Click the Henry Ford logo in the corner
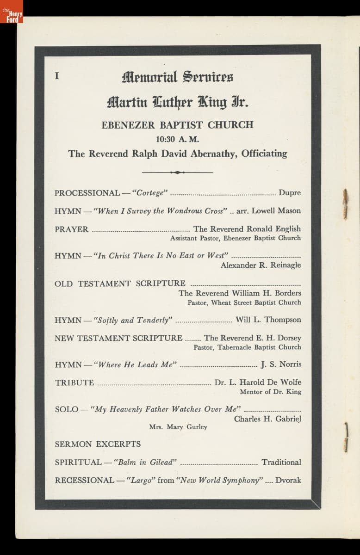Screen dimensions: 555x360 click(x=11, y=12)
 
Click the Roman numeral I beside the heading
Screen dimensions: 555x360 click(x=57, y=76)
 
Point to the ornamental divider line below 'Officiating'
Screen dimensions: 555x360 click(x=177, y=172)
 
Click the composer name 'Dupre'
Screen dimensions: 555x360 click(x=290, y=193)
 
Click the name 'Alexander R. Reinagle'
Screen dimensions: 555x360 click(x=261, y=265)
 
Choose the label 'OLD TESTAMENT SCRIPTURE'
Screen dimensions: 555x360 click(x=120, y=284)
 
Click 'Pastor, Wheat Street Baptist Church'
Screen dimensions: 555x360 click(x=244, y=302)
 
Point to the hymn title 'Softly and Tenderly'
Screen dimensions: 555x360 click(x=133, y=320)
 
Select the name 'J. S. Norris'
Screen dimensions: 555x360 click(x=281, y=364)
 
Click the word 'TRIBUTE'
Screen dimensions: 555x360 click(x=74, y=382)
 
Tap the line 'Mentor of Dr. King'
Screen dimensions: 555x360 click(x=270, y=392)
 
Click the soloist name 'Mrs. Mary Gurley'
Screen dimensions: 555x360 click(x=178, y=427)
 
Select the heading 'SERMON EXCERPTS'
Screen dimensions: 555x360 click(x=98, y=444)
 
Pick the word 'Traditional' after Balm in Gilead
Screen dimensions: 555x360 click(x=281, y=462)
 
